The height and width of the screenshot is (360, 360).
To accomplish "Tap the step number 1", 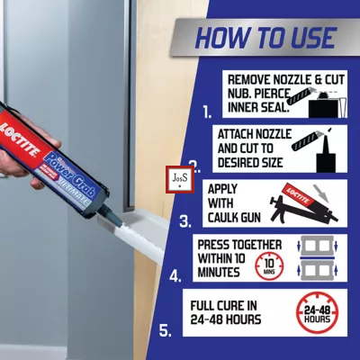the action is [x=207, y=112].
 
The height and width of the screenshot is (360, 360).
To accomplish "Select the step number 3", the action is [x=185, y=221].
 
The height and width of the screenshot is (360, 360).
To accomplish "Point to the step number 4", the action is [x=175, y=276].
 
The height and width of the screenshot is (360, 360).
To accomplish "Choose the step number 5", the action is [x=166, y=331].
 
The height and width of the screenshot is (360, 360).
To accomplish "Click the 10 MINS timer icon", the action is [x=269, y=265].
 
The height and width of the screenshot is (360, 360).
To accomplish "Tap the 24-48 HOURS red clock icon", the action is [x=317, y=312].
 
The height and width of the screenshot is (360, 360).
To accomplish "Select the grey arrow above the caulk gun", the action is [x=321, y=193].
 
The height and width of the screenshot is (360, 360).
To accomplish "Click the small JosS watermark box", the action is [x=180, y=179].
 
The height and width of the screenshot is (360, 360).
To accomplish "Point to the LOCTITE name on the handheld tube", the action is [x=20, y=139].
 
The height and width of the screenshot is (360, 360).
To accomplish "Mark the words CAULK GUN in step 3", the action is [x=234, y=218].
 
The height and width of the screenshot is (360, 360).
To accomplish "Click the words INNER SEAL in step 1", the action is [x=258, y=108].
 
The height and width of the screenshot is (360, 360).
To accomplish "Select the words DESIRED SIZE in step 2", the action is [x=250, y=163].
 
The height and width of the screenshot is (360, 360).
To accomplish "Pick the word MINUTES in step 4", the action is [x=219, y=272].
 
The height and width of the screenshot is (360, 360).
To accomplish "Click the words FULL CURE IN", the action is [x=224, y=306].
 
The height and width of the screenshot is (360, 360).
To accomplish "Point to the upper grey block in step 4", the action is [x=318, y=246].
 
